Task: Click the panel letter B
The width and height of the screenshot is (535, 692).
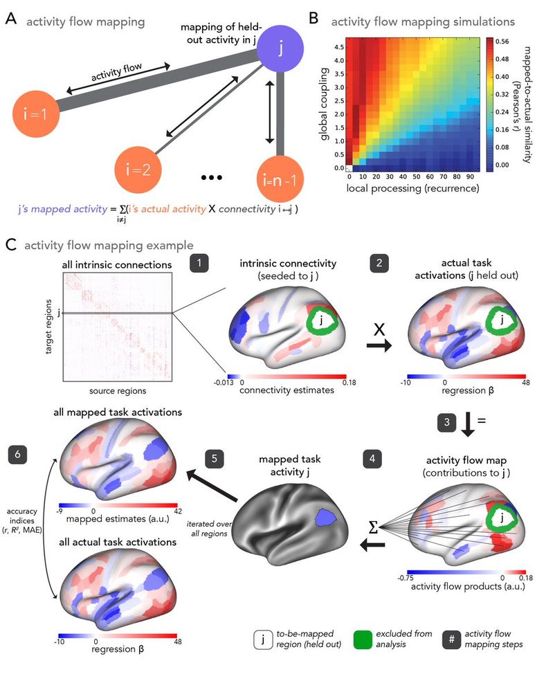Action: point(313,21)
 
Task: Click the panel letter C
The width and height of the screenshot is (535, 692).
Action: point(10,244)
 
